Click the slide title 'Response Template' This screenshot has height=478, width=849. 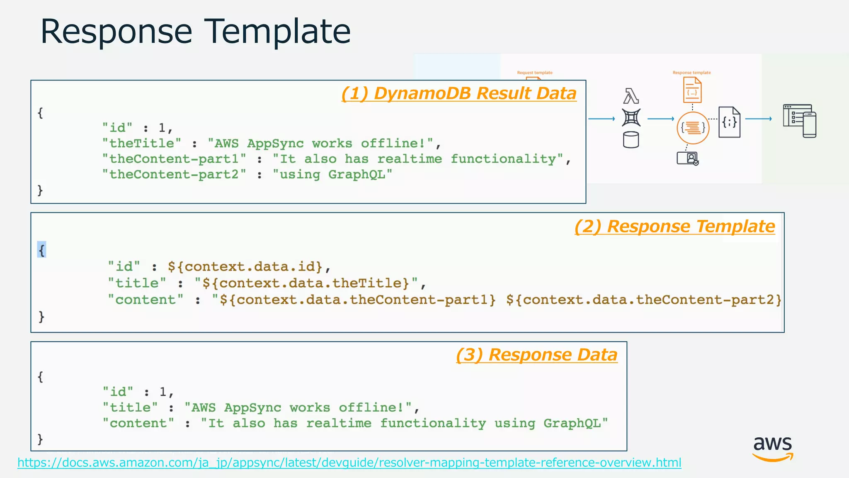point(195,32)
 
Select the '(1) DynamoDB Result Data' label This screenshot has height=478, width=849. point(458,93)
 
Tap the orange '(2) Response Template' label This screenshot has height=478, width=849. point(674,227)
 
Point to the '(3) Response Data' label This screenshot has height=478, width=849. point(536,355)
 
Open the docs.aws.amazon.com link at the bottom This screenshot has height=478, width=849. point(349,463)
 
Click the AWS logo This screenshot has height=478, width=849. point(773,448)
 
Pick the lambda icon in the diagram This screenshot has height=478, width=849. point(631,96)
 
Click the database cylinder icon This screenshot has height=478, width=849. point(631,140)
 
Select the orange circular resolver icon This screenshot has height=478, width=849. point(693,128)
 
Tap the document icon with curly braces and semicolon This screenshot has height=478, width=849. point(730,122)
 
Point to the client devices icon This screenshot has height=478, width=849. point(800,121)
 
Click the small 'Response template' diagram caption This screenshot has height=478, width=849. point(691,73)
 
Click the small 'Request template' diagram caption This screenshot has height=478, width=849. point(535,73)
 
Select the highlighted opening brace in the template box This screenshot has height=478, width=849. point(41,250)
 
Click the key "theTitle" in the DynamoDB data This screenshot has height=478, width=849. point(142,144)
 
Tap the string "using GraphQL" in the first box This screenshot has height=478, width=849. point(332,174)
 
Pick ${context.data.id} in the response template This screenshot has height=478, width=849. point(245,266)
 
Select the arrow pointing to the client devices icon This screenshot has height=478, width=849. point(759,119)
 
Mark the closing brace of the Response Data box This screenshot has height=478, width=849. point(40,439)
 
